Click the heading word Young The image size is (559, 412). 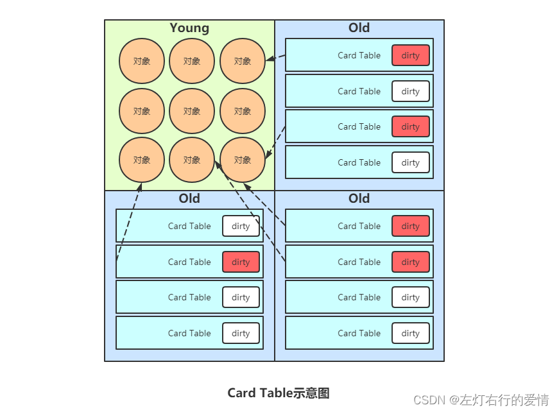click(189, 28)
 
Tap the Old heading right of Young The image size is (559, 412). click(359, 28)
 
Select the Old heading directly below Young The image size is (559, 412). click(189, 198)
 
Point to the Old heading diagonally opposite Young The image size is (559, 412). click(359, 198)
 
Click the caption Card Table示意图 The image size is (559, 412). click(279, 393)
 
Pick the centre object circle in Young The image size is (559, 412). click(192, 111)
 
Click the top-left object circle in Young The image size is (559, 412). click(141, 61)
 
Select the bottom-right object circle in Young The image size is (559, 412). click(243, 160)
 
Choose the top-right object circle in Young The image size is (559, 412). click(243, 61)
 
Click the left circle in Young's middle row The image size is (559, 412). click(141, 111)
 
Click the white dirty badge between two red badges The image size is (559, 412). click(410, 91)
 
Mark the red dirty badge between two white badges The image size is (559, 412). click(241, 262)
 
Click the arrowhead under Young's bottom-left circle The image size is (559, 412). click(139, 187)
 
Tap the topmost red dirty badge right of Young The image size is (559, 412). click(410, 55)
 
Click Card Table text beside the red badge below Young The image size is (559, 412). click(189, 262)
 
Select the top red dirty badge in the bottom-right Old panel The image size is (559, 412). click(410, 226)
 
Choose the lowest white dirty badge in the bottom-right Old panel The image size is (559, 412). click(410, 333)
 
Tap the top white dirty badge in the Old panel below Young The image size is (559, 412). click(241, 226)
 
